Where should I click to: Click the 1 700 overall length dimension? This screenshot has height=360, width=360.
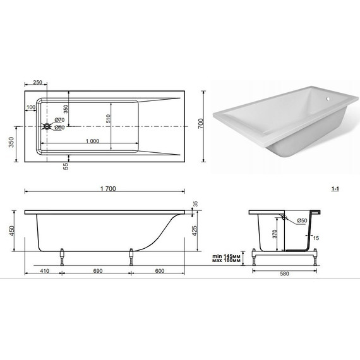coord(108,189)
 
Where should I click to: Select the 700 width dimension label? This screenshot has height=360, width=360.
coord(201,124)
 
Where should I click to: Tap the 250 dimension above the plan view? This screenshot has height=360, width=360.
coord(38,82)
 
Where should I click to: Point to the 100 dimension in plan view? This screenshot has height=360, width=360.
coord(31,107)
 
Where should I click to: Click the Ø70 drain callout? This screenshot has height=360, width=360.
coord(59,120)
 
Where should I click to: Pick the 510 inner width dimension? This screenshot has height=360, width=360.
coord(108,119)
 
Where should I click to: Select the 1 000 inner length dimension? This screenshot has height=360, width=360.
coord(92,141)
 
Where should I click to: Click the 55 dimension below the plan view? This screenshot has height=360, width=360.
coord(66,166)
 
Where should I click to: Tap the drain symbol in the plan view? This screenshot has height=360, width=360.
coord(47,126)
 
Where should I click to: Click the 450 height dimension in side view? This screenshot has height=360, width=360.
coord(11,231)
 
